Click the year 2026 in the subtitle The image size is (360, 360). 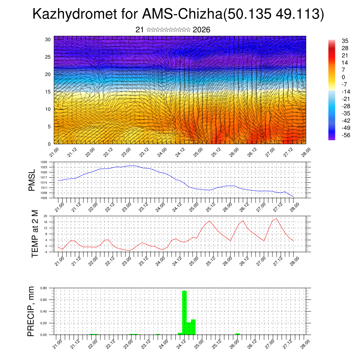coord(201,30)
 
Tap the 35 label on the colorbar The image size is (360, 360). coord(345,41)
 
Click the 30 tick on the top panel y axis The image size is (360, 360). coord(48,39)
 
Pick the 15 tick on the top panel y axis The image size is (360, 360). coord(48,92)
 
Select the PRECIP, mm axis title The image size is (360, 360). coord(32,311)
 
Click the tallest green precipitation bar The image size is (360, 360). coord(184,312)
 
